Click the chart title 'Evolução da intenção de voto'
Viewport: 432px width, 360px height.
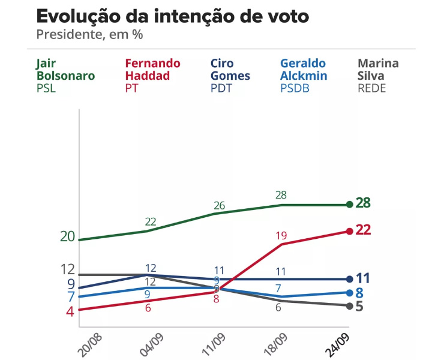[173, 16]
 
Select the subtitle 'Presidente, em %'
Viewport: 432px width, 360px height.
[89, 34]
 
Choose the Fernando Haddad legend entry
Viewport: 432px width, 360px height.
[152, 76]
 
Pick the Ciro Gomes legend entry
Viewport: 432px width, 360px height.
[230, 76]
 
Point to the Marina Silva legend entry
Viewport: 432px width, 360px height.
[378, 76]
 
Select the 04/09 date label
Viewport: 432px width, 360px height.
[152, 343]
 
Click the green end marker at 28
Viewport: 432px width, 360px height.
[349, 205]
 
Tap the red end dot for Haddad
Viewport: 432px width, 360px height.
[349, 231]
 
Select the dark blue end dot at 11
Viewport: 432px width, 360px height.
[349, 279]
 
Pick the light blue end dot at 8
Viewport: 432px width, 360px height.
[349, 292]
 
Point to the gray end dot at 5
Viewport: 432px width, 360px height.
[349, 306]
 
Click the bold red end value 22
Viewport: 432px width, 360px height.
[364, 230]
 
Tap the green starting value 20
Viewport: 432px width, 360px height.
[67, 237]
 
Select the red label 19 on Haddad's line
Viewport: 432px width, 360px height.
[281, 236]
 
